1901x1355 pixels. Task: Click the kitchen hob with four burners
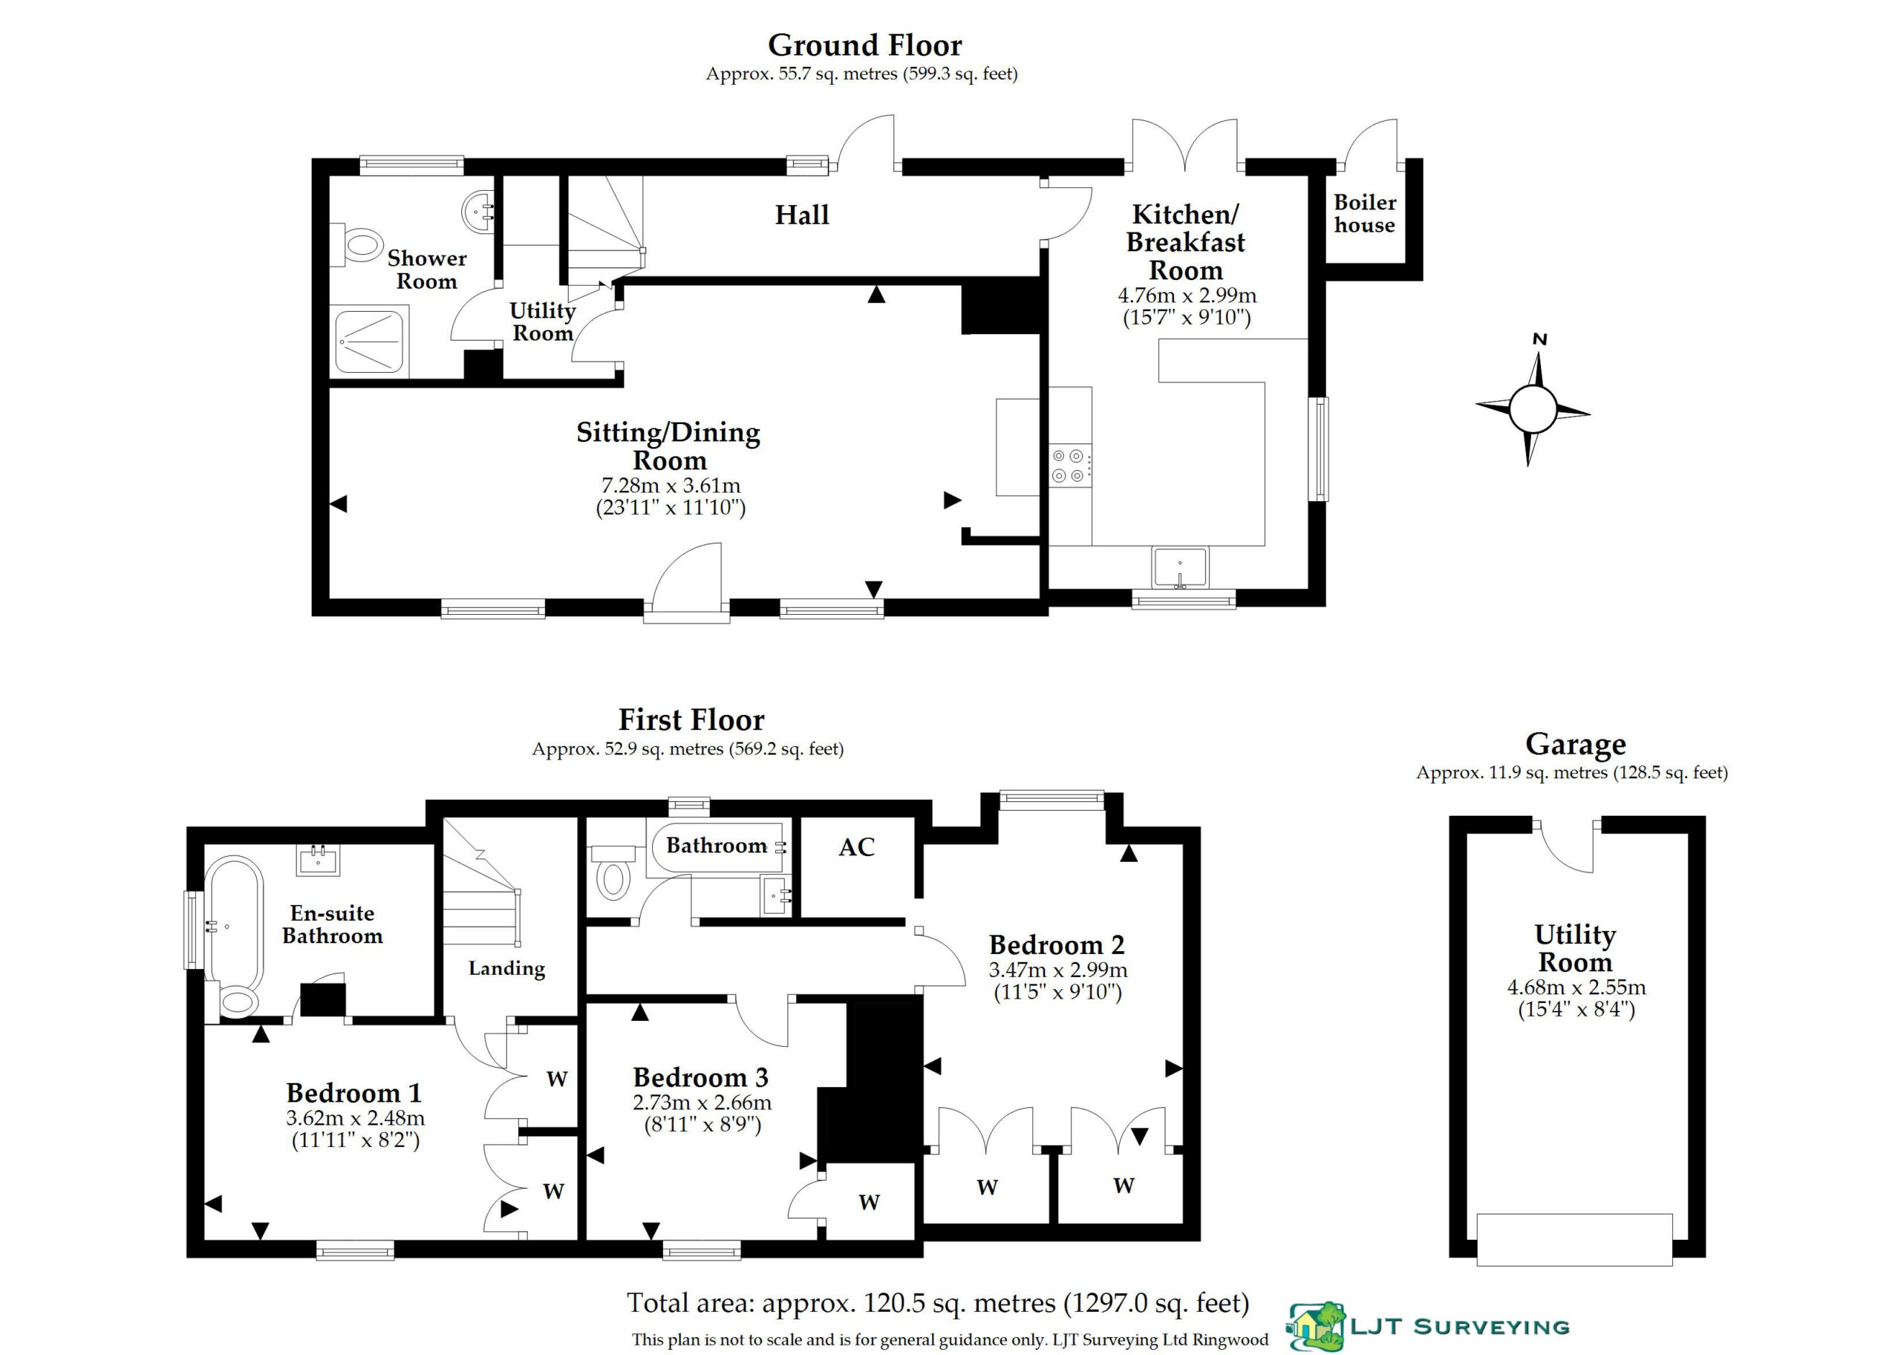pos(1069,466)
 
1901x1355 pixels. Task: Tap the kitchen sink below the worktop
pos(1179,567)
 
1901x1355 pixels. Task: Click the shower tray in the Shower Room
pos(371,342)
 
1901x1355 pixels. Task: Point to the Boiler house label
pos(1364,214)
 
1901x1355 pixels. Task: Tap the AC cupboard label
pos(856,847)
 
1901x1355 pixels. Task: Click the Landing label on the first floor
pos(506,968)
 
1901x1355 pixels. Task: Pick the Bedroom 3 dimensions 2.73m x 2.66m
pos(702,1102)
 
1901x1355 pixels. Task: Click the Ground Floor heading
pos(864,45)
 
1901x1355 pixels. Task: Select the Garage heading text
pos(1576,743)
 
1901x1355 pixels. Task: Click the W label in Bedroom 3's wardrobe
pos(869,1202)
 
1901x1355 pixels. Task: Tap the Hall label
pos(802,215)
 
